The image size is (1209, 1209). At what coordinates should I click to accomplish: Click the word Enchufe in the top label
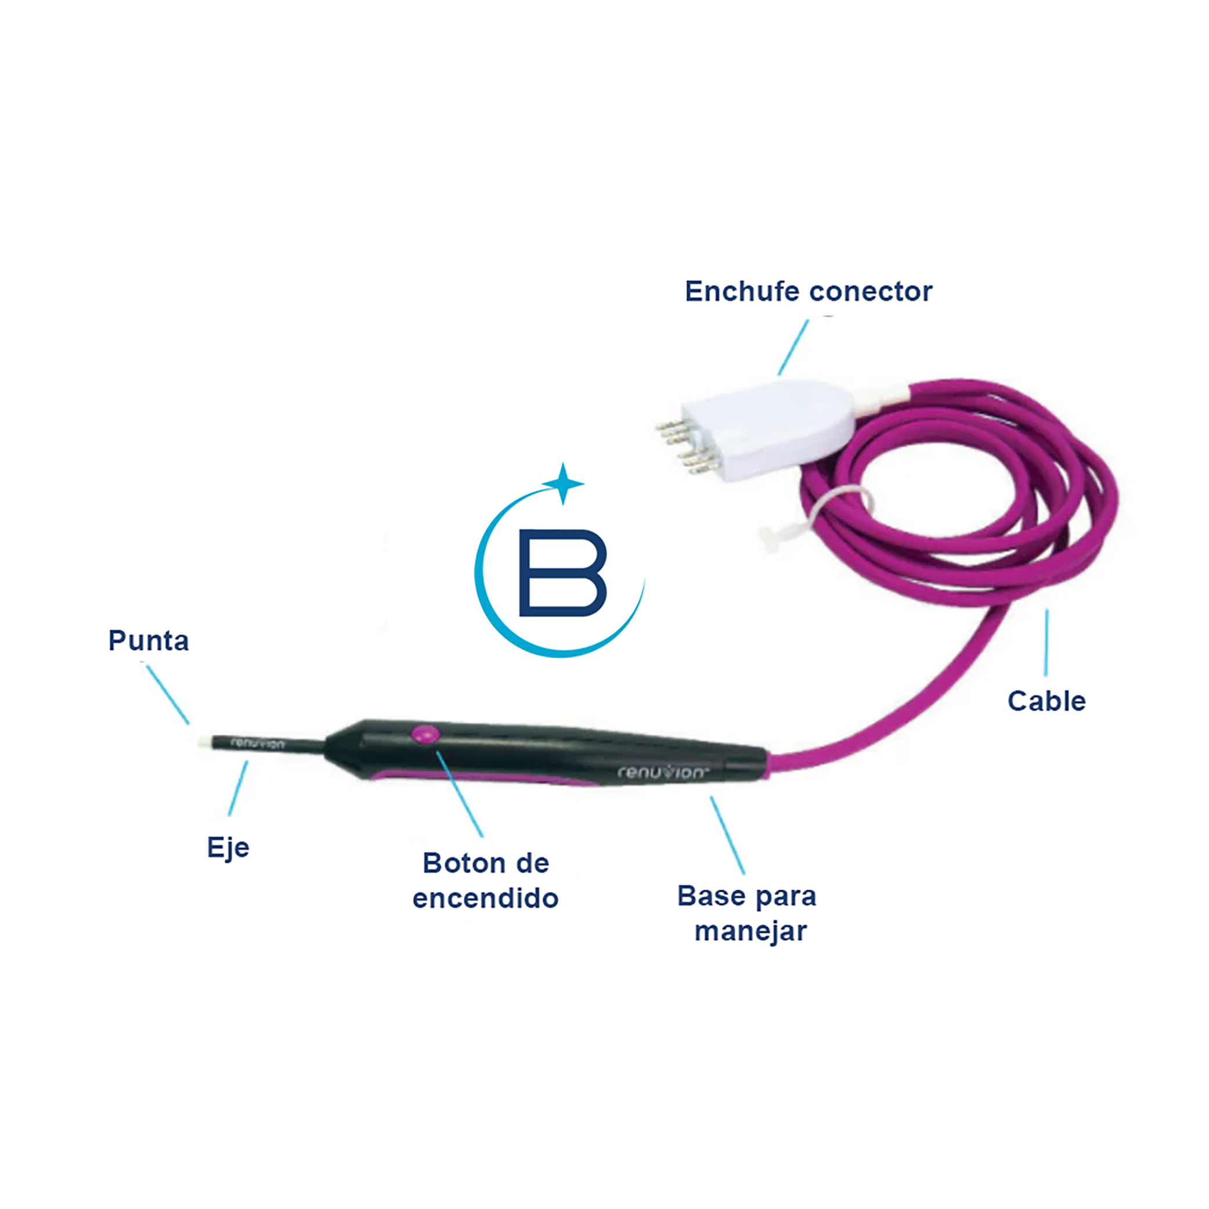point(742,291)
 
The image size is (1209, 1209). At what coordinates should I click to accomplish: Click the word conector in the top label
point(871,291)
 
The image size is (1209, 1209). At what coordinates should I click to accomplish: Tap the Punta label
point(149,641)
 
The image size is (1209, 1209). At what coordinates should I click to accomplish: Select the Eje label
point(228,849)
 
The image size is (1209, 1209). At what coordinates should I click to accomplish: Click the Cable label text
point(1046,701)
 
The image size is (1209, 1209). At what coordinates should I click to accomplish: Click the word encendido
point(485,898)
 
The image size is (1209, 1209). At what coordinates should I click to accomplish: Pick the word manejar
point(750,931)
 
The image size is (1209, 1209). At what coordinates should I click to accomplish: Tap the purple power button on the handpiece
point(425,734)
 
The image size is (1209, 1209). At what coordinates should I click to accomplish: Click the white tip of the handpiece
point(203,741)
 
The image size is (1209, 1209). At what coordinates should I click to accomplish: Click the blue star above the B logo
point(562,483)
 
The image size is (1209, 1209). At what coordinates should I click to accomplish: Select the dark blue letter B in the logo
point(562,573)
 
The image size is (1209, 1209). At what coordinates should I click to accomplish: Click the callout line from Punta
point(168,695)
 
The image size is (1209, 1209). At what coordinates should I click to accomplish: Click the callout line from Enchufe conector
point(793,348)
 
